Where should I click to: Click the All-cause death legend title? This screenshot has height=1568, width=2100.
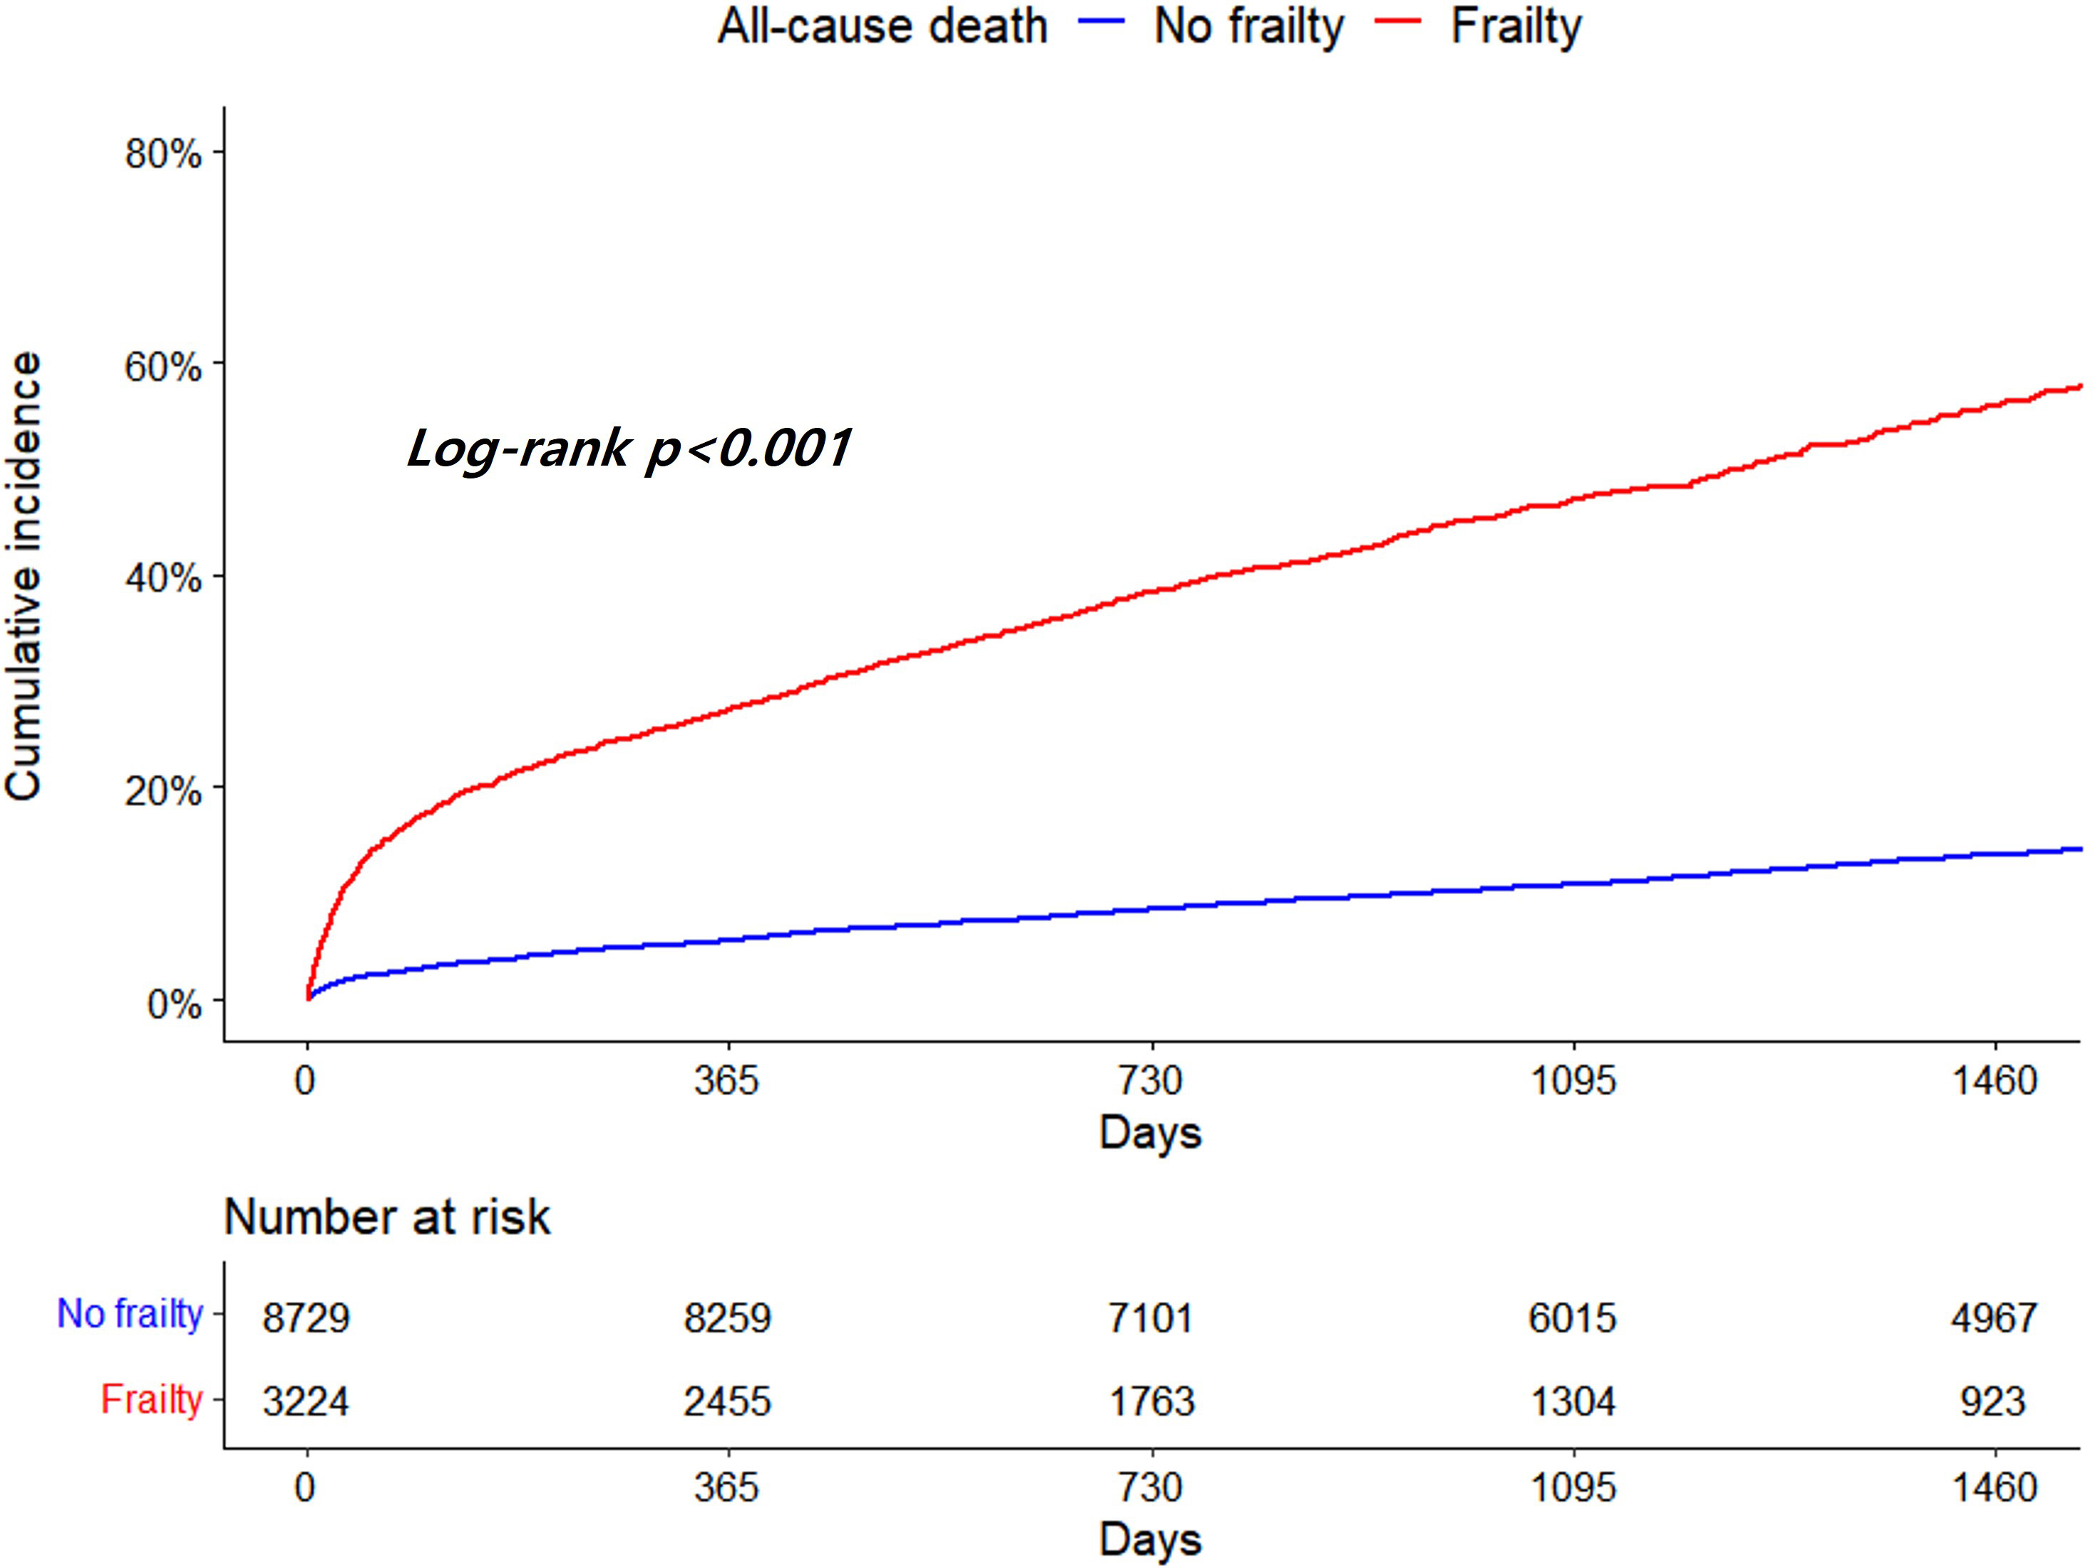pos(882,26)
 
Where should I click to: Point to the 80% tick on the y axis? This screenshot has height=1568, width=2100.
pos(163,153)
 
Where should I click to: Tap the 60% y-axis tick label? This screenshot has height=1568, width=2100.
pos(163,365)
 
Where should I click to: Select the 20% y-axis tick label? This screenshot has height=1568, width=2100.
pos(163,789)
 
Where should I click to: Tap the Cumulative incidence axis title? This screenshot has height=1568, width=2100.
pos(25,576)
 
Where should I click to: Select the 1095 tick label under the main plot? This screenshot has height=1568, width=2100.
pos(1573,1080)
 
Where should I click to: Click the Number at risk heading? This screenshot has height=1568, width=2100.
pos(386,1216)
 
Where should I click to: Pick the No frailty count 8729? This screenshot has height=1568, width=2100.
pos(307,1318)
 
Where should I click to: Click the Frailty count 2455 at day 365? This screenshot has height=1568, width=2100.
pos(727,1401)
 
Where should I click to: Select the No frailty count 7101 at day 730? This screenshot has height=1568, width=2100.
pos(1150,1318)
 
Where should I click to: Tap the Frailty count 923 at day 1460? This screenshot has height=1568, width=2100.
pos(1994,1401)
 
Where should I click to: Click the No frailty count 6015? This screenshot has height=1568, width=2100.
pos(1573,1318)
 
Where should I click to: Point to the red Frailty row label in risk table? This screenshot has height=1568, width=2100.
pos(152,1399)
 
